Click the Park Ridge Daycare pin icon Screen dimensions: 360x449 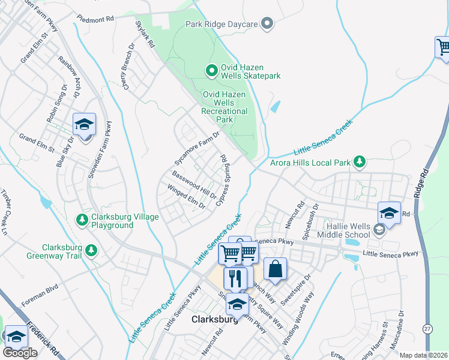pos(268,24)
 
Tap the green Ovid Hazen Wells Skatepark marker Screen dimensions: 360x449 pos(211,71)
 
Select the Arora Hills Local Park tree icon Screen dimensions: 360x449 pos(359,161)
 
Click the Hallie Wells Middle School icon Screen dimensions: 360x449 pos(379,229)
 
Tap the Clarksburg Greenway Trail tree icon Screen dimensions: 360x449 pos(91,249)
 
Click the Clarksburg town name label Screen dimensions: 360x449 pos(215,320)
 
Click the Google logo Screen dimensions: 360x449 pos(20,352)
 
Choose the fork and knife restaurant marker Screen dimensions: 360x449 pos(235,278)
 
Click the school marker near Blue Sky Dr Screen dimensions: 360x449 pos(84,124)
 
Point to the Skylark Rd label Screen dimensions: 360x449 pos(145,35)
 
